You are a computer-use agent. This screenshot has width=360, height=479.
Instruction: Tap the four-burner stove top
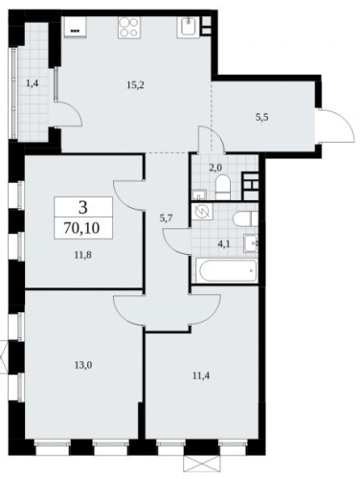click(129, 28)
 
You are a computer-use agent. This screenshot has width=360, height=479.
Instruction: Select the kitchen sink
click(189, 27)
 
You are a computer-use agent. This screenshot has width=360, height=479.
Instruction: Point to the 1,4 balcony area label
click(33, 83)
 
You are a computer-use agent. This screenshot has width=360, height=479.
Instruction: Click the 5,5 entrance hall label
click(261, 117)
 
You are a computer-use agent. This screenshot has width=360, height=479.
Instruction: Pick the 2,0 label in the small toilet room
click(215, 169)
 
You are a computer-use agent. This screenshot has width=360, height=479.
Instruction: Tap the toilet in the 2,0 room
click(223, 189)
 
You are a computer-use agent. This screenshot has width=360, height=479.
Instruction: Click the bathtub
click(228, 271)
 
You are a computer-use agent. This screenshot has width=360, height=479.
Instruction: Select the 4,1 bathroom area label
click(223, 245)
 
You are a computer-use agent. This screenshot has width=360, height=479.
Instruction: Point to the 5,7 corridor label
click(167, 218)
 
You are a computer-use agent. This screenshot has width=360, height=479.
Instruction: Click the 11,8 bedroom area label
click(83, 255)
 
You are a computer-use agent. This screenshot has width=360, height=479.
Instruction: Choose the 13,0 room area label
click(83, 365)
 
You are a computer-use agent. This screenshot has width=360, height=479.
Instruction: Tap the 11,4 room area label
click(201, 376)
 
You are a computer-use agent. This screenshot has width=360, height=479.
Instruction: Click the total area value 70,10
click(82, 228)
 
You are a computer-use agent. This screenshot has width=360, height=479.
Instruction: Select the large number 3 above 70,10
click(82, 208)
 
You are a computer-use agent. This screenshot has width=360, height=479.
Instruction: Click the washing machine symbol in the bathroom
click(202, 212)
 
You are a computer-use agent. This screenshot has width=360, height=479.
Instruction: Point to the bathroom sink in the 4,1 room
click(251, 243)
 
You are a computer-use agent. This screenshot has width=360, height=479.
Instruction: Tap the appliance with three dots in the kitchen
click(76, 28)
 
